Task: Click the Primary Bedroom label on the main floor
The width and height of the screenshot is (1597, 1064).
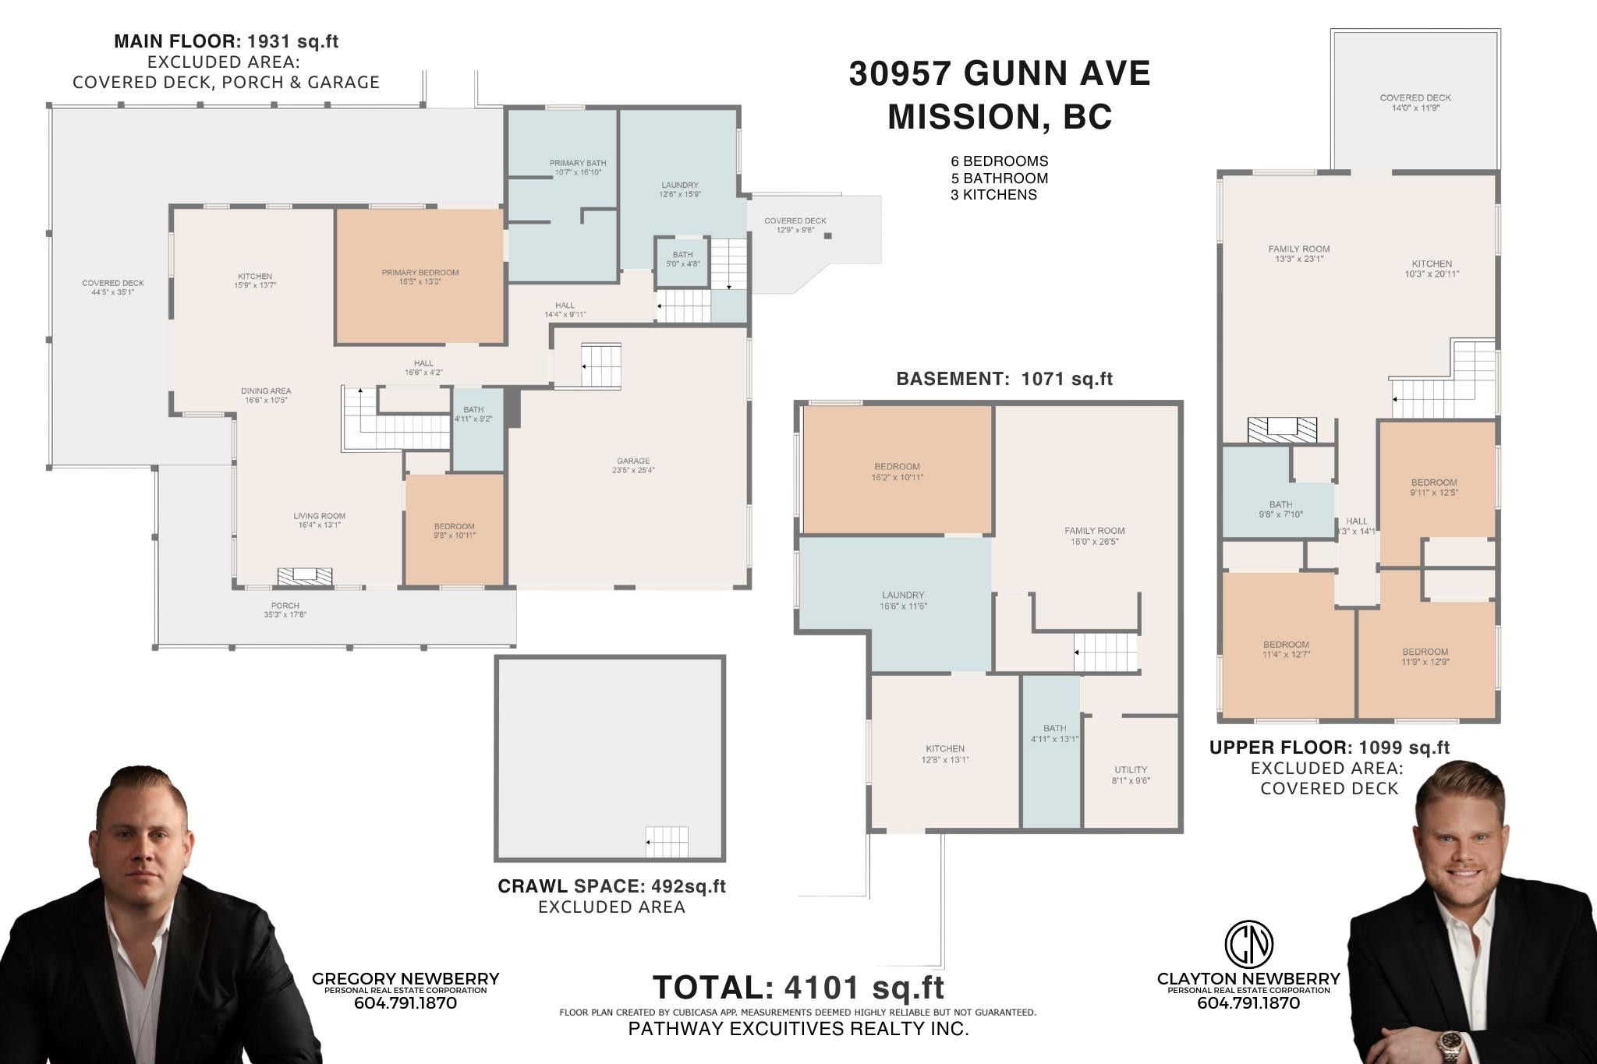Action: [420, 277]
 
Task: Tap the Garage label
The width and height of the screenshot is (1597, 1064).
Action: [632, 465]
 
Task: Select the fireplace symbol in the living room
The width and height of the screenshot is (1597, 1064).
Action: [305, 576]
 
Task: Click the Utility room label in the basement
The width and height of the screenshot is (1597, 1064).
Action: [1130, 775]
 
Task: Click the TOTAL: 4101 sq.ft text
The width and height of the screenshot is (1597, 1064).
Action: [798, 988]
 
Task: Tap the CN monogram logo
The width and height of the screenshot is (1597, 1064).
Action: [1248, 942]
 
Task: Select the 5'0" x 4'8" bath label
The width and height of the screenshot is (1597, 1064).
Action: [682, 259]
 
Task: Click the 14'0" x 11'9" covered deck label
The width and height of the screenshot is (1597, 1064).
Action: [1415, 103]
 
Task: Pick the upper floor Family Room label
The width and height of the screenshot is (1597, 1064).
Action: [1298, 253]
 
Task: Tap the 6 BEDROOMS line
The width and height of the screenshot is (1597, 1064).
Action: [999, 161]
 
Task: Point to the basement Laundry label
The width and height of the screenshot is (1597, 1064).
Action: [903, 599]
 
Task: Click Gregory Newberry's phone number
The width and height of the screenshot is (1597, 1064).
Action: [405, 1003]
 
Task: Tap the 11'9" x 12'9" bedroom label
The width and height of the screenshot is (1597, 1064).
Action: [1425, 656]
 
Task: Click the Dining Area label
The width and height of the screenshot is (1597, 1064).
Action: [266, 395]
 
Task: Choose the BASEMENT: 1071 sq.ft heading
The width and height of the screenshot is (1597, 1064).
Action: [1004, 380]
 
